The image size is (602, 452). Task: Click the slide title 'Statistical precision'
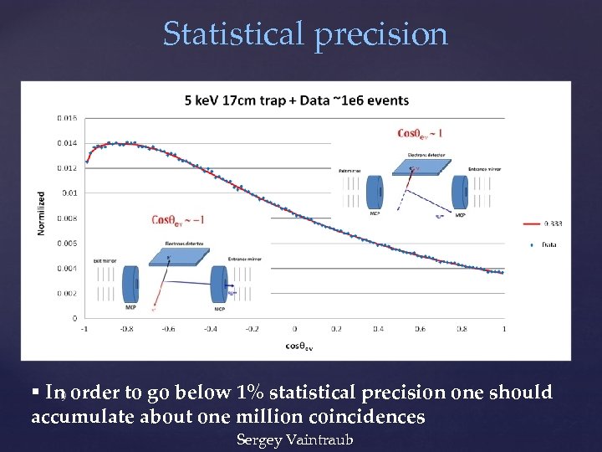(305, 34)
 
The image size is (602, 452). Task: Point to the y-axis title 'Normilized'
(41, 213)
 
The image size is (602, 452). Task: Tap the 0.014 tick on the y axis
(67, 143)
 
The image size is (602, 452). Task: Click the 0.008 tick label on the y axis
(67, 218)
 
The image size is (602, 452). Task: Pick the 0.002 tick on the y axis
(67, 293)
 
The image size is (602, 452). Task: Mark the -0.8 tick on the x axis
(126, 329)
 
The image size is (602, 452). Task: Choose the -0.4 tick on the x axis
(210, 329)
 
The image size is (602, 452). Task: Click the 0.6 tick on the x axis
(421, 329)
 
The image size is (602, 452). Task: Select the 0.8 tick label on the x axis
(462, 329)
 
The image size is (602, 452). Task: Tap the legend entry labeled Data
(548, 245)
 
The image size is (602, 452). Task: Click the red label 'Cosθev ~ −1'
(178, 220)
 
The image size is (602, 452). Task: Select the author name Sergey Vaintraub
(294, 439)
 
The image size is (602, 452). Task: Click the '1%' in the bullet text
(251, 393)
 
